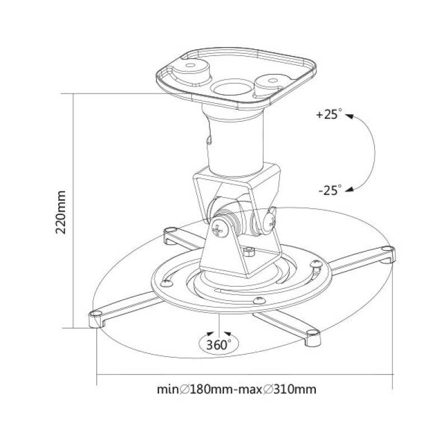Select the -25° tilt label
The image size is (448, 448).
[329, 190]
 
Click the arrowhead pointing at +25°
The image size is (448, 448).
[349, 116]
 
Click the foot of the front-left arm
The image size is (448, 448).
[96, 318]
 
